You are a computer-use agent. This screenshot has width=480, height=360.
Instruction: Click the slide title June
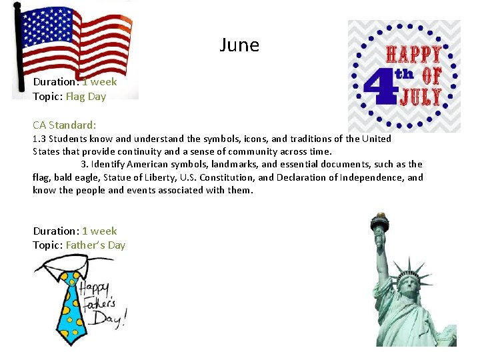(x=239, y=45)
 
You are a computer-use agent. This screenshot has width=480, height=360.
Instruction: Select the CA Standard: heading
(x=65, y=125)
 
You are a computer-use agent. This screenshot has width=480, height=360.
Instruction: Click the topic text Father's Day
(x=95, y=245)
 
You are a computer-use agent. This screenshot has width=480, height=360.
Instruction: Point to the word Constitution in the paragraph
(x=227, y=177)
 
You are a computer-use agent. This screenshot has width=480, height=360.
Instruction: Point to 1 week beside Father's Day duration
(x=99, y=231)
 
